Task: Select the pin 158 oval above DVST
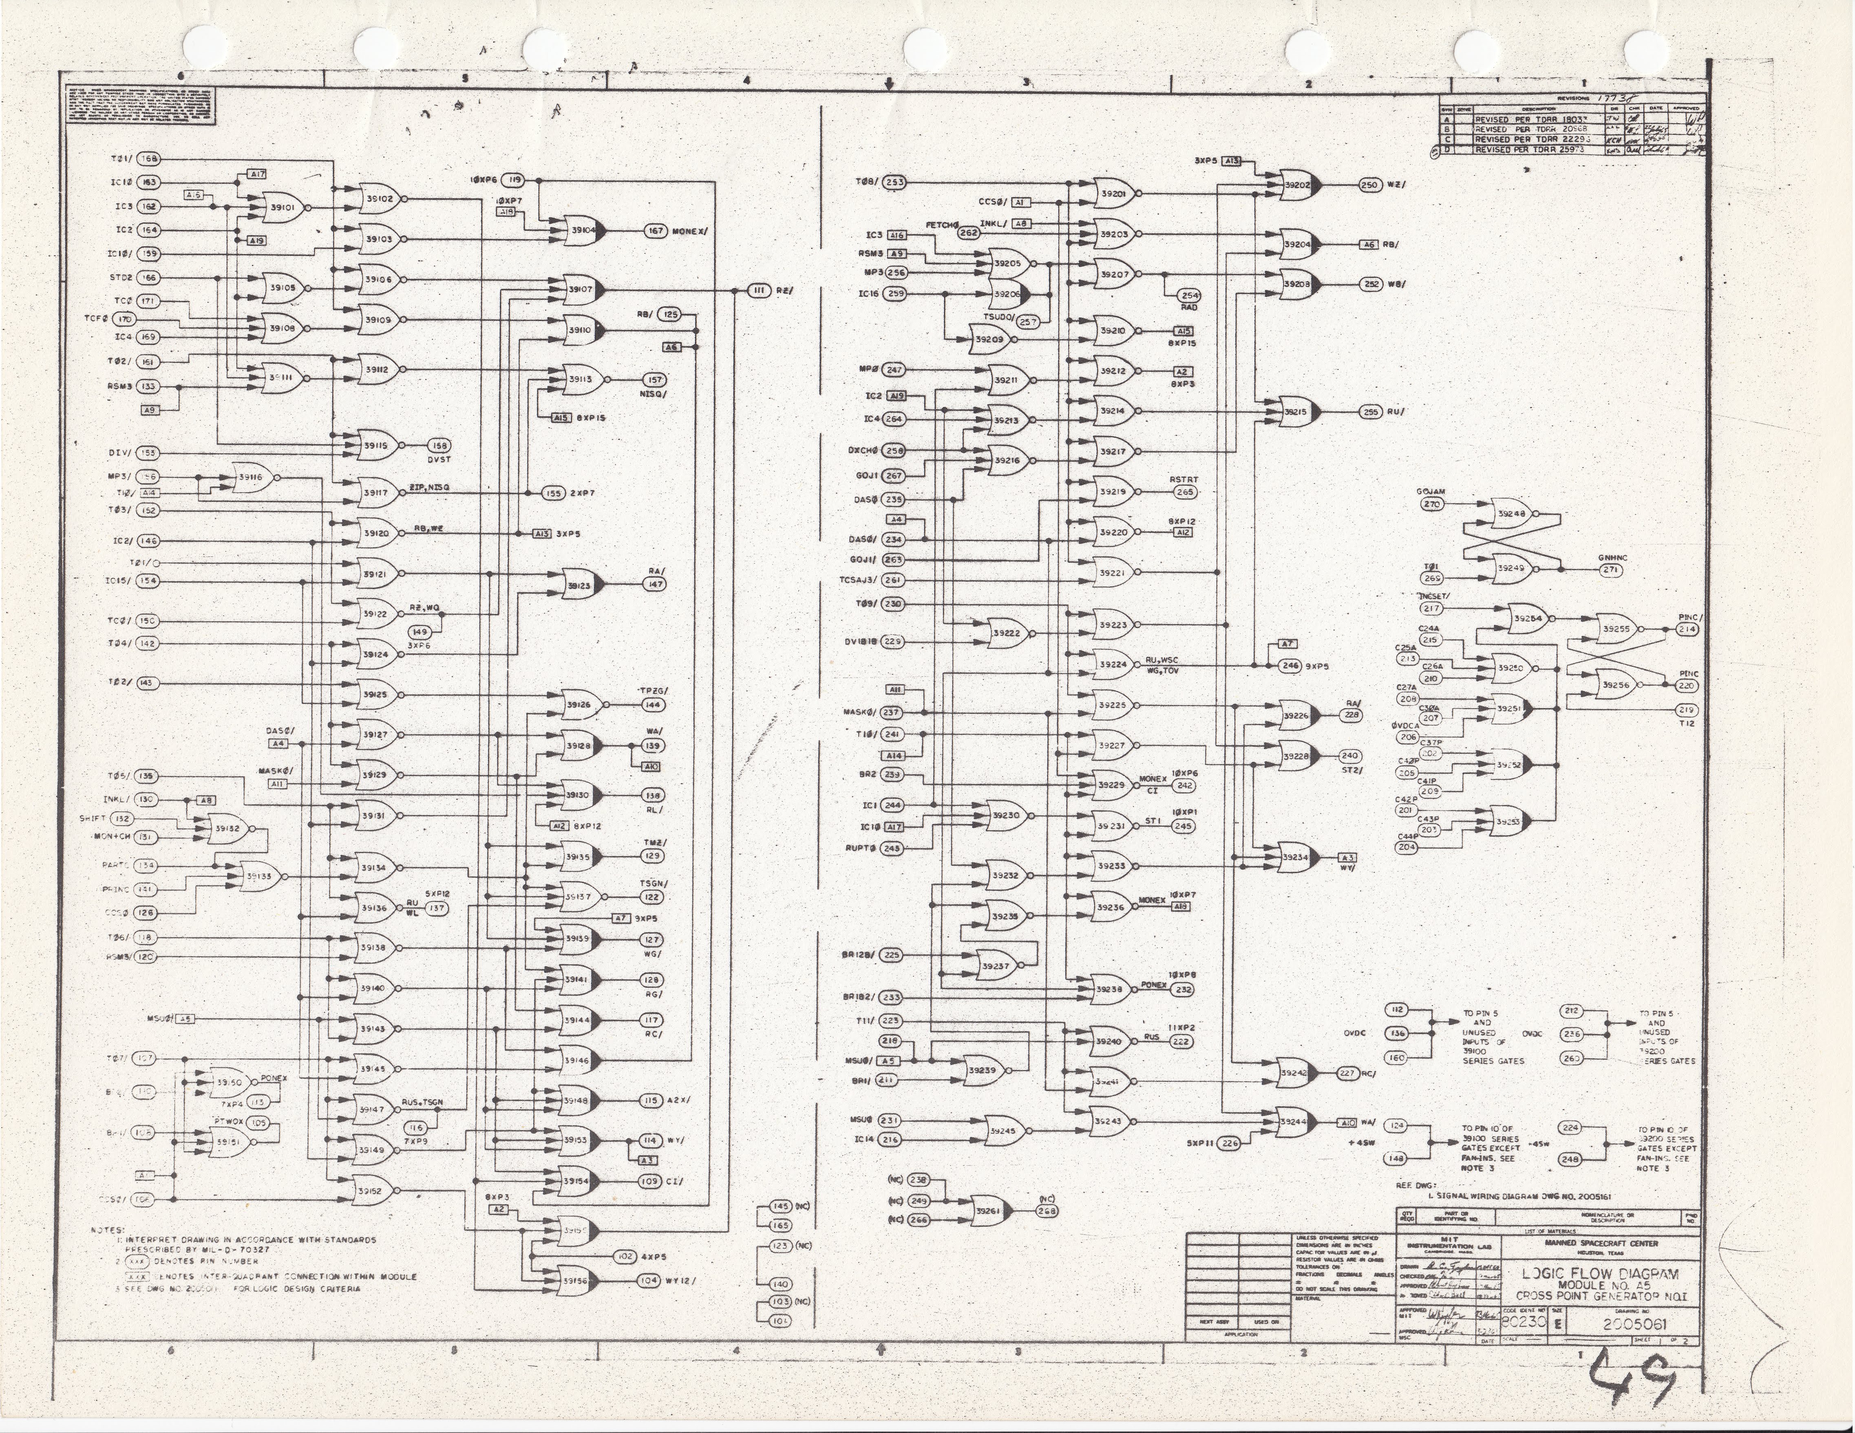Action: point(439,446)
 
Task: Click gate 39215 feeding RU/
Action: point(1297,412)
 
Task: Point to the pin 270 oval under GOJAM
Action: point(1432,504)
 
